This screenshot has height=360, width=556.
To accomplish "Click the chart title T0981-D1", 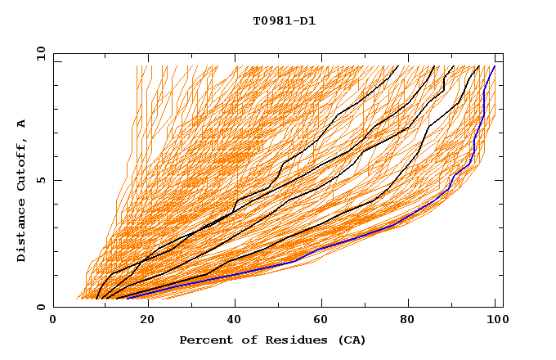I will [284, 21].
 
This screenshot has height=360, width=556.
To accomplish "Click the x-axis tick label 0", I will [53, 321].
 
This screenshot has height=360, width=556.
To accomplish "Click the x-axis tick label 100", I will [495, 321].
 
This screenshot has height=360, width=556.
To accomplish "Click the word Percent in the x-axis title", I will [205, 340].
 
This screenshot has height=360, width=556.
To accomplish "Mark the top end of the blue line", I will [494, 66].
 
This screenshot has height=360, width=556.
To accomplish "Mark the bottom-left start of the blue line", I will [127, 298].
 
